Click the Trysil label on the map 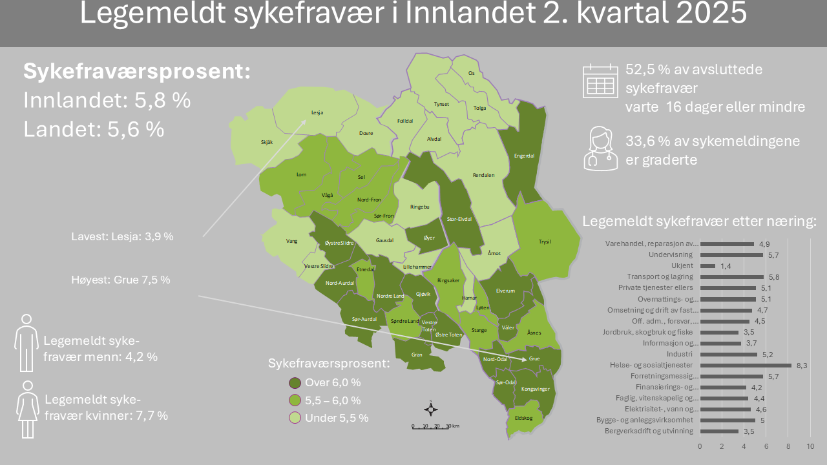(545, 242)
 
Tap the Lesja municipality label (317, 112)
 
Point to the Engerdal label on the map (523, 156)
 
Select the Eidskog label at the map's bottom (523, 418)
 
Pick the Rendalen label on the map (483, 175)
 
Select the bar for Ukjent (707, 265)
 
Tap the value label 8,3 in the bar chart (802, 366)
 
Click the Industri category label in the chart (680, 354)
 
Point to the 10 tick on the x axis (810, 446)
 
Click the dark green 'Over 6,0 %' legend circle (296, 383)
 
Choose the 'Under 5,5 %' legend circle (296, 418)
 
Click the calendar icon (600, 81)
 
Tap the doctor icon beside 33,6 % (600, 149)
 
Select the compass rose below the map (431, 408)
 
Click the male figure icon (26, 343)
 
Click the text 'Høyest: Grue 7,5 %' (121, 280)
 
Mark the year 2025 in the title (709, 14)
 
